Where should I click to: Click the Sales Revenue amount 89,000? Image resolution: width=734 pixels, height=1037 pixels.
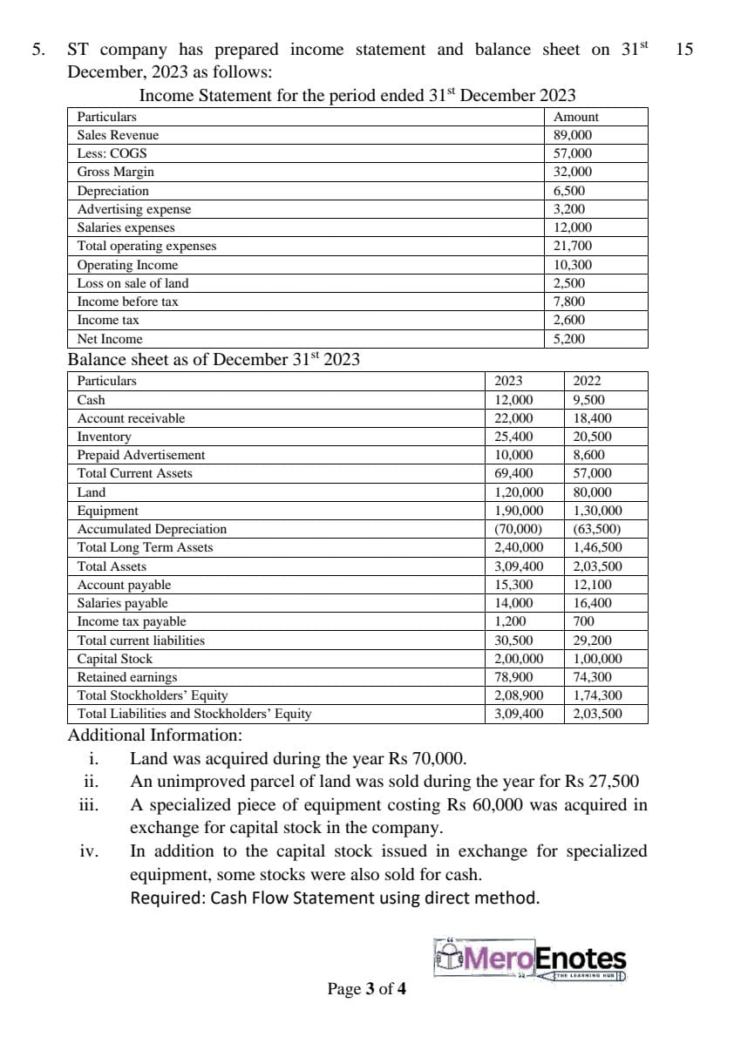pyautogui.click(x=573, y=135)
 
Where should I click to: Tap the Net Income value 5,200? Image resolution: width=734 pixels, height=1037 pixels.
pyautogui.click(x=569, y=339)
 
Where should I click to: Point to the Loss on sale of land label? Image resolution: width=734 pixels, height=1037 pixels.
pyautogui.click(x=133, y=283)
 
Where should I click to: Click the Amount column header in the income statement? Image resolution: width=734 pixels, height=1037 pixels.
pyautogui.click(x=576, y=117)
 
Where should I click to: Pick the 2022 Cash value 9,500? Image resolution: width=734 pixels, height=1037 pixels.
pyautogui.click(x=588, y=400)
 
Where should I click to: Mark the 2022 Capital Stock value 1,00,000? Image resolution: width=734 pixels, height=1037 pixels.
pyautogui.click(x=597, y=659)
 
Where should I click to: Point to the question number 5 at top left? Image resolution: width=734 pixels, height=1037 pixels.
pyautogui.click(x=37, y=50)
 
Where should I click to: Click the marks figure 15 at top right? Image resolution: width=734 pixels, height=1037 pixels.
pyautogui.click(x=684, y=50)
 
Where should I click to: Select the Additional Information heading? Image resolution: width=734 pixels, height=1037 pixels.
pyautogui.click(x=154, y=735)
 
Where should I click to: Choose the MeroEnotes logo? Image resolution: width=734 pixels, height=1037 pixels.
pyautogui.click(x=529, y=960)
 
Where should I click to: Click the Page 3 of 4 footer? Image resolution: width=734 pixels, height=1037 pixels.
pyautogui.click(x=366, y=988)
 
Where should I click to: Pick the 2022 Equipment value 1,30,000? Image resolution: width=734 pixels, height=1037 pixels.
pyautogui.click(x=597, y=511)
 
